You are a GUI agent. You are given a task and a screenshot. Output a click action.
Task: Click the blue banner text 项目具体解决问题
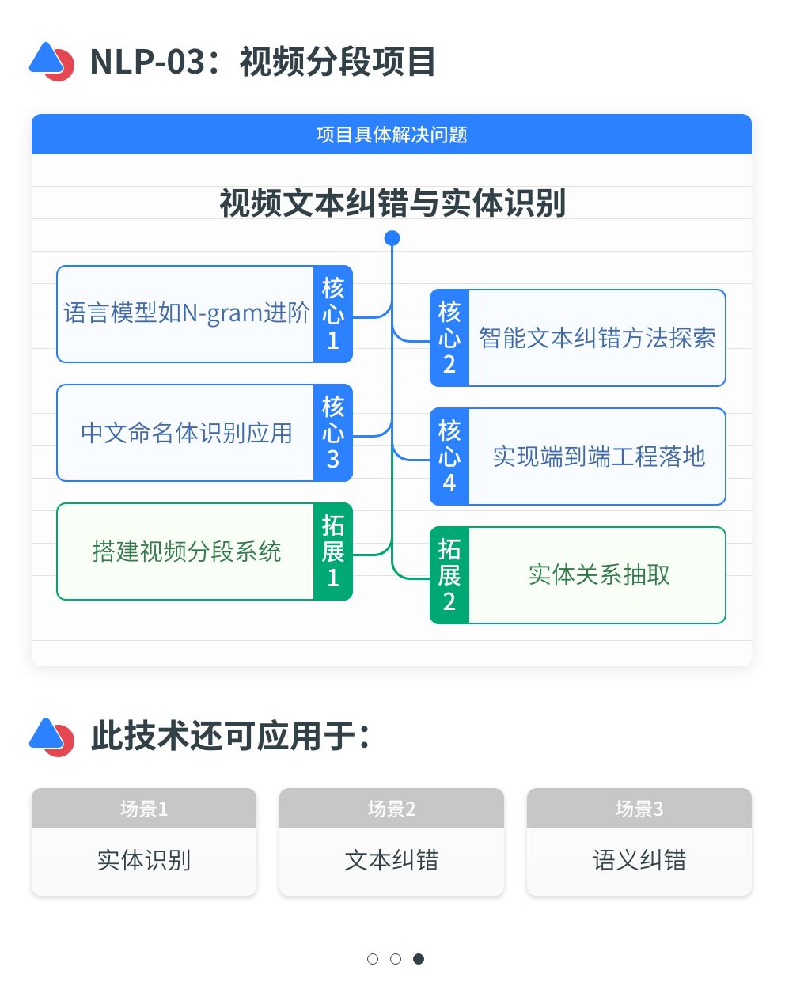tap(392, 135)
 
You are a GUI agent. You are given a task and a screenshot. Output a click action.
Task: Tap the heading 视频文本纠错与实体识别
tap(392, 203)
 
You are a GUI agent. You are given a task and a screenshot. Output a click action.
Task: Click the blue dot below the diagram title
tap(392, 238)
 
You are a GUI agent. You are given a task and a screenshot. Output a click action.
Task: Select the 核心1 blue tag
tap(333, 314)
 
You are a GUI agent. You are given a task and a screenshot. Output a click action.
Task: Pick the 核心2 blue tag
tap(449, 338)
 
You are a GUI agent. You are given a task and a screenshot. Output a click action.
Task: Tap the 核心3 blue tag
tap(333, 433)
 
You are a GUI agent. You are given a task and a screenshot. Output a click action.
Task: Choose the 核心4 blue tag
tap(449, 457)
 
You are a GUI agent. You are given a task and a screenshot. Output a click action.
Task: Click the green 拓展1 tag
tap(333, 551)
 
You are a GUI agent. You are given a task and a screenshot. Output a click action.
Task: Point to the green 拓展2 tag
tap(449, 575)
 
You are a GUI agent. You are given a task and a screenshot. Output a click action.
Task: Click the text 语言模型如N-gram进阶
tap(187, 314)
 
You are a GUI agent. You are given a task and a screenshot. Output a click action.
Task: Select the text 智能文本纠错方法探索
tap(597, 338)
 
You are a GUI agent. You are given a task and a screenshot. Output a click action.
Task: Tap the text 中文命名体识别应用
tap(187, 433)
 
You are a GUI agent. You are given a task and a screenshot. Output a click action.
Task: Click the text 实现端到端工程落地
tap(598, 457)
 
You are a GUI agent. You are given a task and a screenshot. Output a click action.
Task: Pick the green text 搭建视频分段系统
tap(187, 551)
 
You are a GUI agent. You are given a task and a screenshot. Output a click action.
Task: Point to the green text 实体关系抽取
tap(598, 575)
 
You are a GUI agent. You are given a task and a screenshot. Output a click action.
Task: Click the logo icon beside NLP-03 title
tap(51, 62)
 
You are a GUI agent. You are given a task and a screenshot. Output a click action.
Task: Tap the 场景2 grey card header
tap(392, 809)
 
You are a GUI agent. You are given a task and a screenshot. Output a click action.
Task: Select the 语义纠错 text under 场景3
tap(639, 860)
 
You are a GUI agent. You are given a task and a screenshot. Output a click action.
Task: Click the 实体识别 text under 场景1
tap(144, 860)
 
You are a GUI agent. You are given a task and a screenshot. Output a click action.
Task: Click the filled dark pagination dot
tap(419, 959)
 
